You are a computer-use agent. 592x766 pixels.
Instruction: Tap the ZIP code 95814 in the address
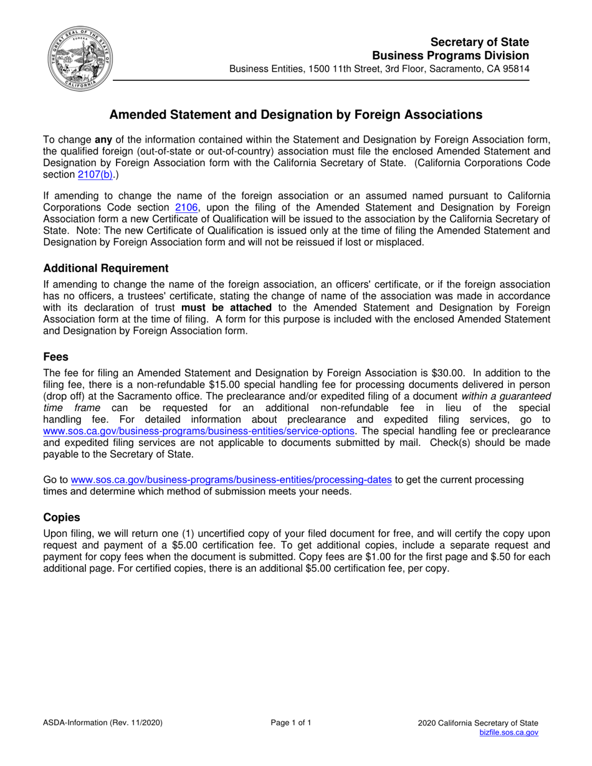pyautogui.click(x=515, y=69)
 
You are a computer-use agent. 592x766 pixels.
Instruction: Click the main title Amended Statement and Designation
pyautogui.click(x=296, y=115)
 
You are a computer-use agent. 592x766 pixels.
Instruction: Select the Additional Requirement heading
pyautogui.click(x=106, y=268)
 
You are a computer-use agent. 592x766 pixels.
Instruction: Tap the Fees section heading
pyautogui.click(x=56, y=357)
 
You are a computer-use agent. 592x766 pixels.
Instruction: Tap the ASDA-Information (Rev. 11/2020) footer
pyautogui.click(x=103, y=722)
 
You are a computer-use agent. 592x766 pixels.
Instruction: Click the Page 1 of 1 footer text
pyautogui.click(x=291, y=722)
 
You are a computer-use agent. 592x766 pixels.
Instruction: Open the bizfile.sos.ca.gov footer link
pyautogui.click(x=508, y=733)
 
